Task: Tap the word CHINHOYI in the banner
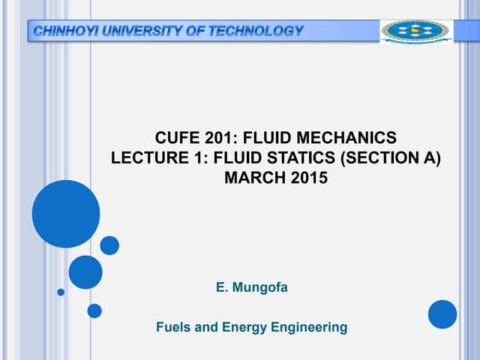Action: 66,31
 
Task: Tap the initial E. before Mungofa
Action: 221,286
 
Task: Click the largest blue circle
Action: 66,214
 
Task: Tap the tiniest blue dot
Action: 61,292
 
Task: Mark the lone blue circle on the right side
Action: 442,314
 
